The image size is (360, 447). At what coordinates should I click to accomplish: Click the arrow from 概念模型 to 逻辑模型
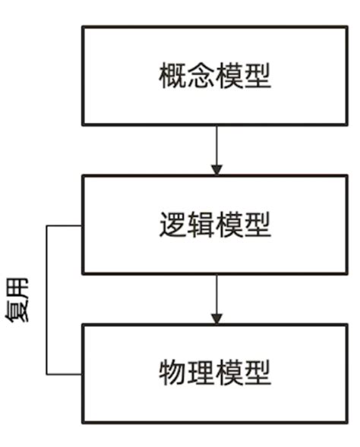coord(216,148)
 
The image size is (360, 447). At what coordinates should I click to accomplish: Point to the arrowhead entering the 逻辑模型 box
coord(216,169)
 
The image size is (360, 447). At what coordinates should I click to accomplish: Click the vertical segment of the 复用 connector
coord(47,300)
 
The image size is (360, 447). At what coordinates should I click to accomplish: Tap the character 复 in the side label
coord(20,310)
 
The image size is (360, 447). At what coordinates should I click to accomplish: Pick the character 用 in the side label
coord(20,288)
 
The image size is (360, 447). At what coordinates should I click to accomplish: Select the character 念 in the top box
coord(201,77)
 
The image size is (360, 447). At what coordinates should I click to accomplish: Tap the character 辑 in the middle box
coord(201,225)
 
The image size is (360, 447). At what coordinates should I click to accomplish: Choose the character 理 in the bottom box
coord(201,373)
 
